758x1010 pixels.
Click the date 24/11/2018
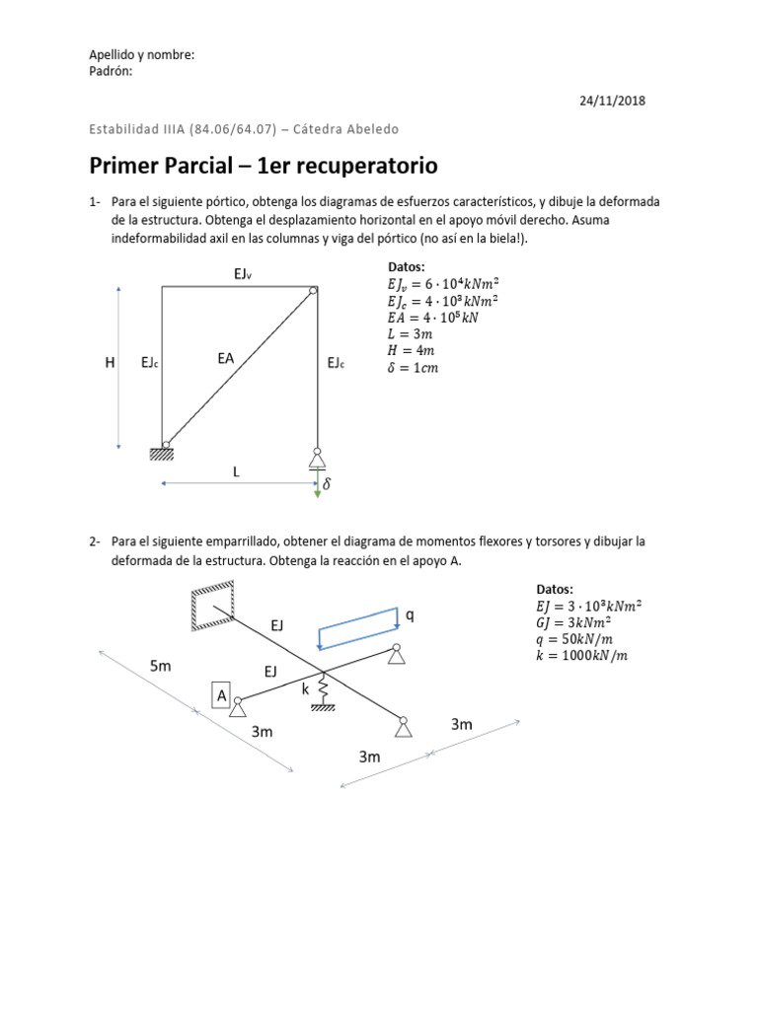612,101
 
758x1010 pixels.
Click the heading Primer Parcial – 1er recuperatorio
263,165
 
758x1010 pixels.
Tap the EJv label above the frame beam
243,273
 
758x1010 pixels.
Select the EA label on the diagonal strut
226,359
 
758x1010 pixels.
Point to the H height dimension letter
110,364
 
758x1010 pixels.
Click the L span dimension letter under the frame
236,472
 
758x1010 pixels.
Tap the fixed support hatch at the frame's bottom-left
162,454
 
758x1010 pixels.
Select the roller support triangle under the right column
317,459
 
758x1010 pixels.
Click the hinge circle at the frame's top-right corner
312,290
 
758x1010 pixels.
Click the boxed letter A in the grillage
222,695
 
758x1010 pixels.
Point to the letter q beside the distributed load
409,615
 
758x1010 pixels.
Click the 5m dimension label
161,667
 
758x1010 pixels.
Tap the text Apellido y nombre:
142,55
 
